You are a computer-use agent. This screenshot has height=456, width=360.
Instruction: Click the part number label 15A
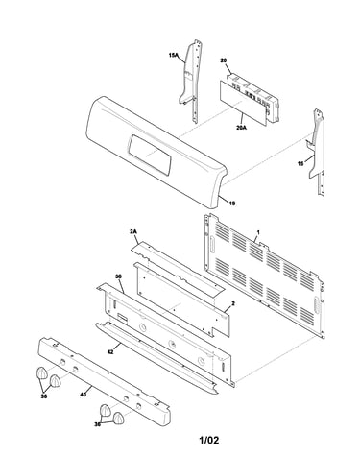coord(173,56)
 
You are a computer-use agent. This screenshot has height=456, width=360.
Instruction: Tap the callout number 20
coord(224,60)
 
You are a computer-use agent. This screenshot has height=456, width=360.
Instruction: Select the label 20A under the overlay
coord(241,128)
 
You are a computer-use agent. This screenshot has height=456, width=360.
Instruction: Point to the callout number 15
coord(300,163)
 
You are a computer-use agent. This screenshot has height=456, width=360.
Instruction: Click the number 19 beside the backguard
coord(232,203)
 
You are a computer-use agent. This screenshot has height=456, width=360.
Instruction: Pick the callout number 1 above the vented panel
coord(258,232)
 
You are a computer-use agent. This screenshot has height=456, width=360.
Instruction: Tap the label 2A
coord(133,231)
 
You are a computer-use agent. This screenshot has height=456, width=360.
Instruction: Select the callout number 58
coord(118,276)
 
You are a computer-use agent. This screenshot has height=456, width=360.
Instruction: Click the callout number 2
coord(233,303)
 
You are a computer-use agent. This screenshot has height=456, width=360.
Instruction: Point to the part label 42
coord(110,352)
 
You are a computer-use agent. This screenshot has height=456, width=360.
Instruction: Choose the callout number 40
coord(83,395)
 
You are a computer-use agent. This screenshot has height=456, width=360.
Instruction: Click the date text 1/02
coord(209,441)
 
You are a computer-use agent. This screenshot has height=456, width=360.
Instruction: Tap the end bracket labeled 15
coord(317,151)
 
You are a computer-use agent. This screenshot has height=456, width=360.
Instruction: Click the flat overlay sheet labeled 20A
coord(243,103)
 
